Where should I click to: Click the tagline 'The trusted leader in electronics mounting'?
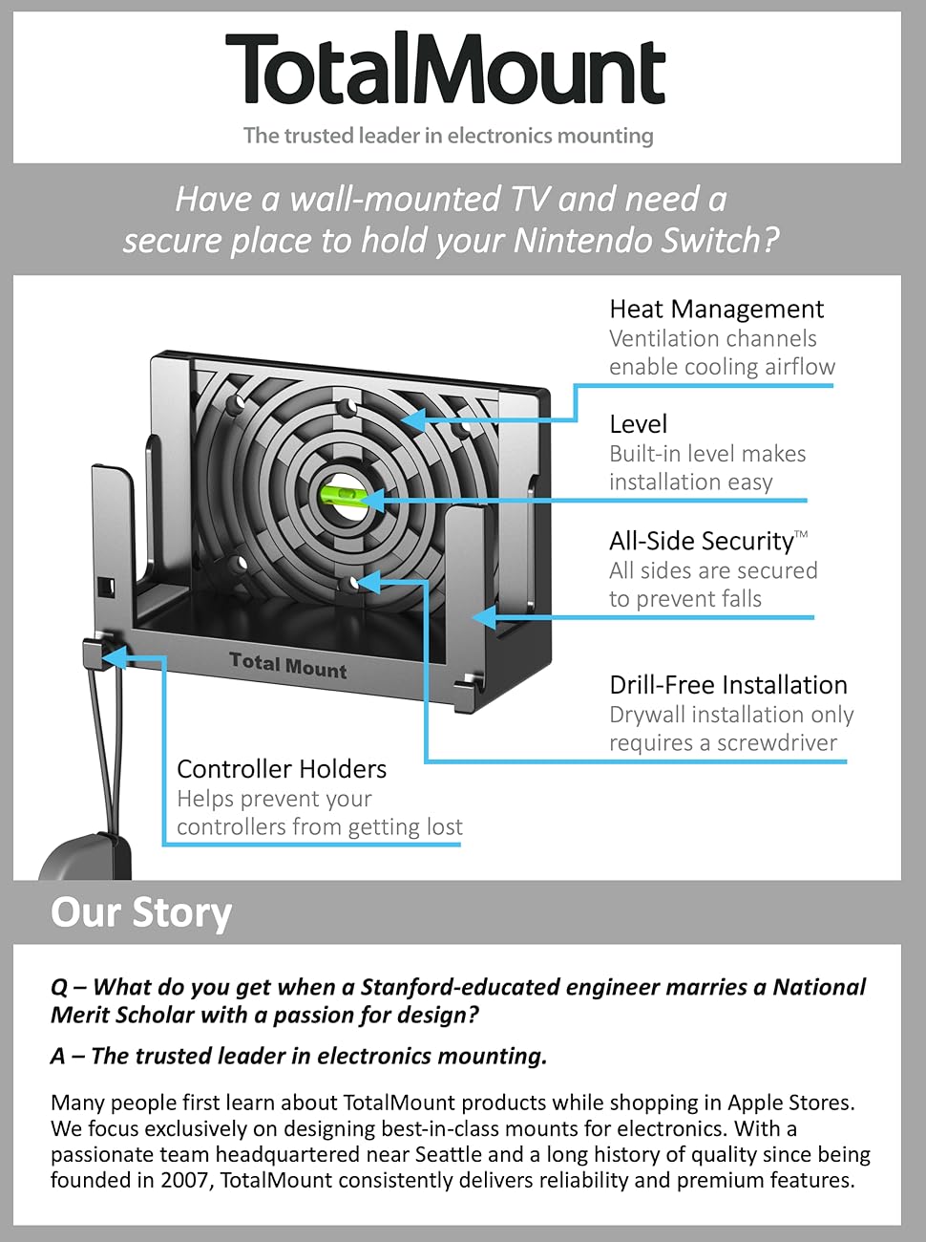[x=448, y=136]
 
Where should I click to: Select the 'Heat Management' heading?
[x=716, y=309]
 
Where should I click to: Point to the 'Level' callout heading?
[x=638, y=424]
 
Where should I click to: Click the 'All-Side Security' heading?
[x=701, y=541]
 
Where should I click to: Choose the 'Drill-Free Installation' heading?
[x=727, y=685]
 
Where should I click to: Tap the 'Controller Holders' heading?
[x=282, y=769]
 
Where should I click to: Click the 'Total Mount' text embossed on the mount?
[x=287, y=665]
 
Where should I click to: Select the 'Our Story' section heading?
[x=141, y=912]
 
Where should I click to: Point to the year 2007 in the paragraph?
[x=183, y=1180]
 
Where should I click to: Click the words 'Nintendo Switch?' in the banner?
[x=646, y=240]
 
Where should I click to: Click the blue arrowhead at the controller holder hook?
[x=112, y=657]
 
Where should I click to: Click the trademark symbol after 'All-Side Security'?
[x=801, y=534]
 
